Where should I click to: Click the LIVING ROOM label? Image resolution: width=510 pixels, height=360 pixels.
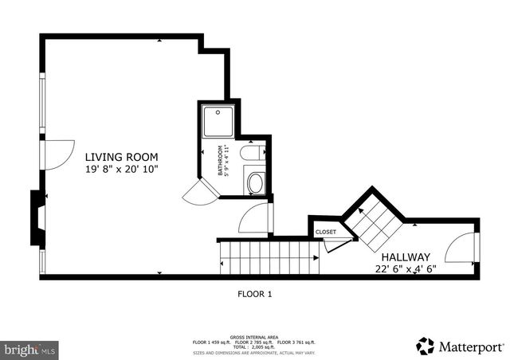(x=122, y=157)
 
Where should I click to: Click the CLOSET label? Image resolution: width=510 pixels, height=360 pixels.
(x=326, y=232)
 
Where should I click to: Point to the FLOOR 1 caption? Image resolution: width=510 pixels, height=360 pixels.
(x=255, y=294)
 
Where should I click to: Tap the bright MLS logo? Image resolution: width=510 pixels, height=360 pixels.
(x=30, y=349)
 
